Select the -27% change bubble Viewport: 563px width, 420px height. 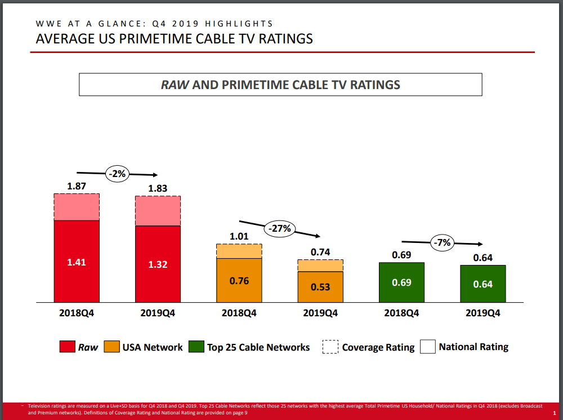pos(280,228)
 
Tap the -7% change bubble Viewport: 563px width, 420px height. pos(443,242)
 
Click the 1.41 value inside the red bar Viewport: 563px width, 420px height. pos(77,262)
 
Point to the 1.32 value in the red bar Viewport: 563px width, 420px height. pos(158,264)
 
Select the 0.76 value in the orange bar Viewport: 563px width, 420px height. pos(239,280)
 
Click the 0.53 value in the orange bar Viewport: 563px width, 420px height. pos(320,287)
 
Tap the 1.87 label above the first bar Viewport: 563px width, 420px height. pos(77,185)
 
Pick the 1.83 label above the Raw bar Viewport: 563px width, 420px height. pos(158,188)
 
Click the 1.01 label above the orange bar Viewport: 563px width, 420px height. pos(239,236)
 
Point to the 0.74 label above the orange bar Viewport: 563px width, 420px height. pos(320,252)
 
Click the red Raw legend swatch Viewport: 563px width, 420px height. pos(67,347)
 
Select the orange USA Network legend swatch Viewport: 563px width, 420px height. pos(112,347)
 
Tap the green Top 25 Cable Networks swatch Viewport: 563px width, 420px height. pos(196,347)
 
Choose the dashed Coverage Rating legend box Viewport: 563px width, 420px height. pos(330,347)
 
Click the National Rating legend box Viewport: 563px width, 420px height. pos(427,347)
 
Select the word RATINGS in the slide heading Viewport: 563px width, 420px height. pos(282,39)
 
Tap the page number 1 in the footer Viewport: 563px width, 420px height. pos(555,414)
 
